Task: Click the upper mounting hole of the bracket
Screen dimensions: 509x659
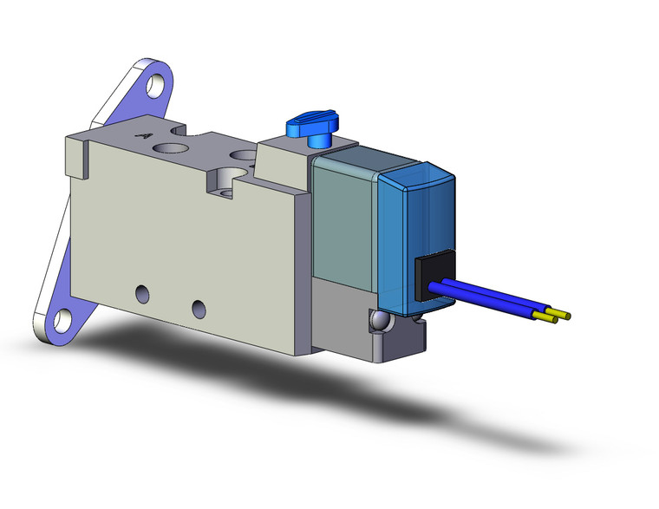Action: (x=157, y=85)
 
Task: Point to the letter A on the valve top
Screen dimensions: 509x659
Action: (x=147, y=135)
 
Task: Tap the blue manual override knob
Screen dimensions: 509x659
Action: (x=307, y=127)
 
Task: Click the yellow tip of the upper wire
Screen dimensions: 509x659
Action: (x=564, y=314)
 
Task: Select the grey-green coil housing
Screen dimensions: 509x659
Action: (x=343, y=217)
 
